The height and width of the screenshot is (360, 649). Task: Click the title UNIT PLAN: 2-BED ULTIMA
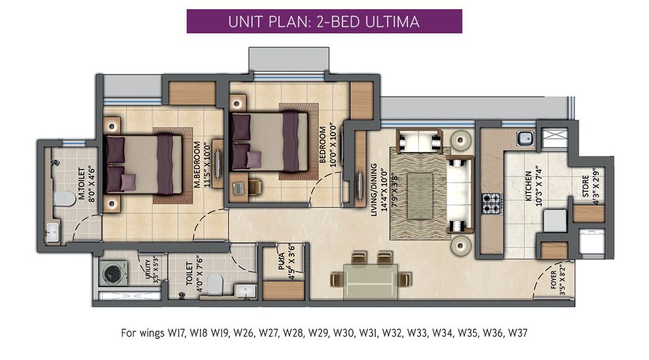(324, 22)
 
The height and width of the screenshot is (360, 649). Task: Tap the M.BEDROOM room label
(197, 165)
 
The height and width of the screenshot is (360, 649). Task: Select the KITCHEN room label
(528, 186)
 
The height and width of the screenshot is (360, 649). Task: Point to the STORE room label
(585, 186)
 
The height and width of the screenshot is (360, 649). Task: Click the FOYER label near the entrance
(554, 279)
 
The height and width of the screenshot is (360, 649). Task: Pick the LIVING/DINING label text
(374, 190)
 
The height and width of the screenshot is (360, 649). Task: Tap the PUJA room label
(282, 262)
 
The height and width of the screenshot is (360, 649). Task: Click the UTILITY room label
(148, 269)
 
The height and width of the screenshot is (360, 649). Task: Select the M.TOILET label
(82, 184)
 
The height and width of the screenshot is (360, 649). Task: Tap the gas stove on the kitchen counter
(491, 204)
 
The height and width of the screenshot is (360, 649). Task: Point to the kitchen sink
(525, 138)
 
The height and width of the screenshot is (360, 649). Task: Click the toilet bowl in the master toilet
(62, 198)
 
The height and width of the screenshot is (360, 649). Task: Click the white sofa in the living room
(460, 194)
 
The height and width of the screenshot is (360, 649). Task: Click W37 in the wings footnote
(518, 333)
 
